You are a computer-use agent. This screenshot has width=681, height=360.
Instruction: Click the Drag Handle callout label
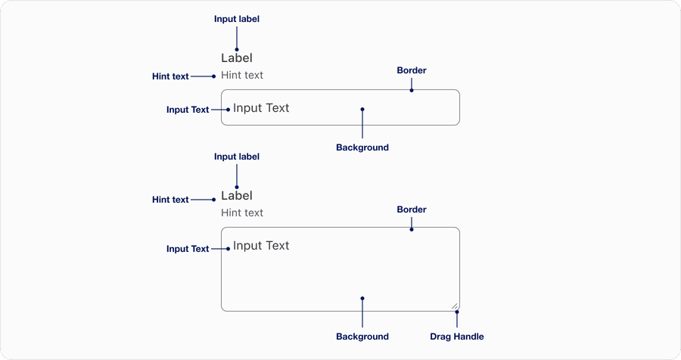point(456,337)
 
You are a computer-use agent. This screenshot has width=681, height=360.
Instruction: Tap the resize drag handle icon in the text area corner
point(455,306)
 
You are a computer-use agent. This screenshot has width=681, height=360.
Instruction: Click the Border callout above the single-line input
point(412,70)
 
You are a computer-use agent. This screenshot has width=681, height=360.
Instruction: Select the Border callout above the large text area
point(412,209)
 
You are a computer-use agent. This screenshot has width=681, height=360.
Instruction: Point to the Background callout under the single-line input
point(362,147)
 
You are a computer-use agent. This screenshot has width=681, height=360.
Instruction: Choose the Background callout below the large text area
point(362,337)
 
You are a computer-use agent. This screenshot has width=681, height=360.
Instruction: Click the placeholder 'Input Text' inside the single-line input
point(261,108)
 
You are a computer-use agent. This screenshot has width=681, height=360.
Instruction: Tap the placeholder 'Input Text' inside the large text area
point(261,246)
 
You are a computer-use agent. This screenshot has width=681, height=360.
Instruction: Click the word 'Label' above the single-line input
point(237,58)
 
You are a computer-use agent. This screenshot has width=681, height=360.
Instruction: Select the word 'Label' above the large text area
point(237,196)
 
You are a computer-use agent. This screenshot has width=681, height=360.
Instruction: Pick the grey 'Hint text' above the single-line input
point(242,76)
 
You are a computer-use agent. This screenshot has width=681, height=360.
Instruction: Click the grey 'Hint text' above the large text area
point(242,213)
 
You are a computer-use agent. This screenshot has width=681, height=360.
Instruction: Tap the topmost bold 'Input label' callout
point(237,19)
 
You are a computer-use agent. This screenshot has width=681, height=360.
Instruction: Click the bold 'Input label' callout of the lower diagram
point(237,157)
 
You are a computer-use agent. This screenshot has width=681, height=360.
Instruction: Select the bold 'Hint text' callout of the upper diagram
point(170,76)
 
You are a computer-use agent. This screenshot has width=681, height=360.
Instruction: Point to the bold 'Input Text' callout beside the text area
point(188,249)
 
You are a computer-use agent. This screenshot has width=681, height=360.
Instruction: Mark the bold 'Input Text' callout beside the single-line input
point(188,110)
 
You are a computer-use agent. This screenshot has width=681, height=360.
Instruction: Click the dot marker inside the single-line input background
point(362,110)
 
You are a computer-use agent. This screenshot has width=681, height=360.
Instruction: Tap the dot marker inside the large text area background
point(362,298)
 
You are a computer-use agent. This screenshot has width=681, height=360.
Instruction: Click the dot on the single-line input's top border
point(412,90)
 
